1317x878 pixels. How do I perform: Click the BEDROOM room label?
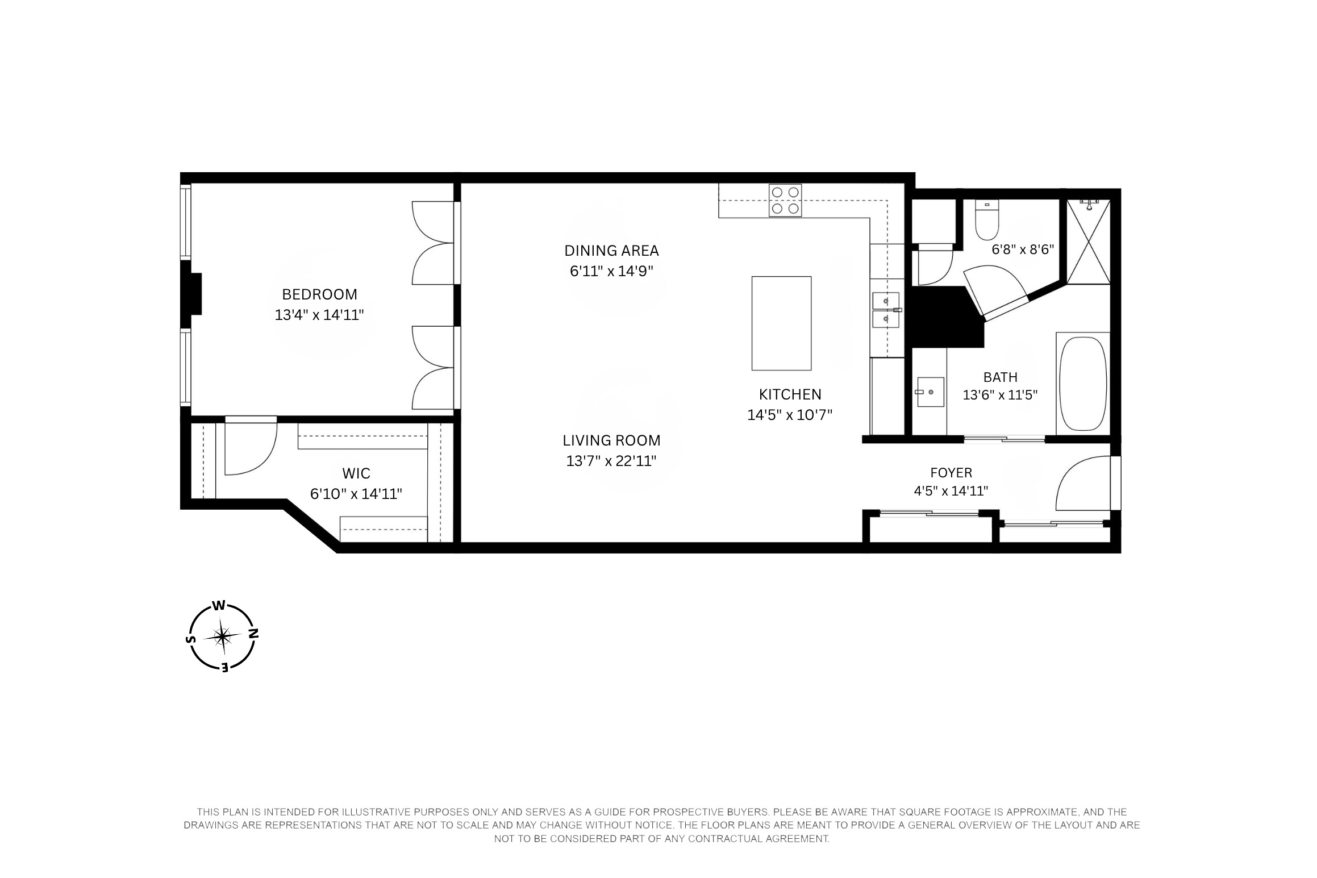[319, 294]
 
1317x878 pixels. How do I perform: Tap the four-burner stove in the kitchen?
[785, 201]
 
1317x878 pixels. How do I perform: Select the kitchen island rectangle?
[781, 323]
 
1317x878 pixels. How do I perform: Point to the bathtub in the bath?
[1083, 384]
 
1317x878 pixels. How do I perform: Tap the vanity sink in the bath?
[930, 392]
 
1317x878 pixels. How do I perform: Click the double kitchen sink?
[886, 310]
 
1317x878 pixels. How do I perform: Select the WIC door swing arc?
[250, 449]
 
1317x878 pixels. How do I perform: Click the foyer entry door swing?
[1082, 483]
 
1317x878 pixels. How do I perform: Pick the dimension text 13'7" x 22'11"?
[611, 461]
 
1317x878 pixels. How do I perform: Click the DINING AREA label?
[611, 251]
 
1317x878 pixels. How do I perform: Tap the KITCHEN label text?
[790, 394]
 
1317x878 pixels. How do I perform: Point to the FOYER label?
[951, 473]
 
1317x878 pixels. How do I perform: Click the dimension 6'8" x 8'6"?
[1023, 249]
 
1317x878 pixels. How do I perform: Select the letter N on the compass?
[254, 633]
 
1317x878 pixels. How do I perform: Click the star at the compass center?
[223, 636]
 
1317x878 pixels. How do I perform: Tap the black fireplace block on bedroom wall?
[192, 294]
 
